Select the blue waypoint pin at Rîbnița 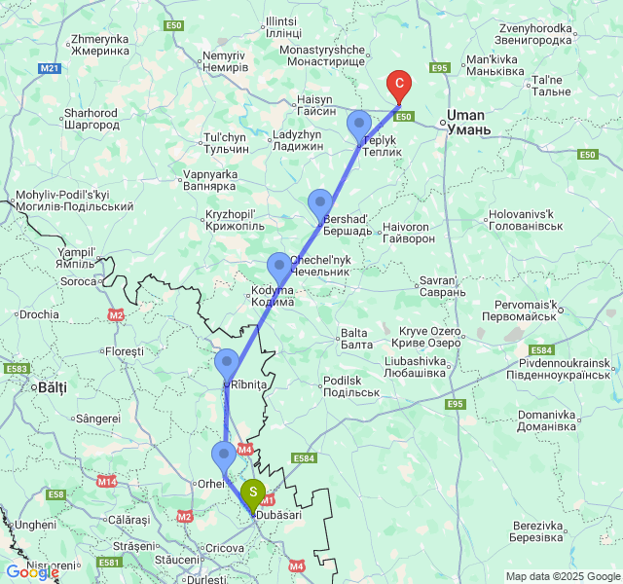click(227, 364)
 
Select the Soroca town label click(79, 281)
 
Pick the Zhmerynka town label click(99, 45)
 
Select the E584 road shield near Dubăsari click(304, 458)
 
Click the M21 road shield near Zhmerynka click(51, 68)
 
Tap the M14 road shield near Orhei click(107, 481)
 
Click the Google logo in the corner click(31, 572)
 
